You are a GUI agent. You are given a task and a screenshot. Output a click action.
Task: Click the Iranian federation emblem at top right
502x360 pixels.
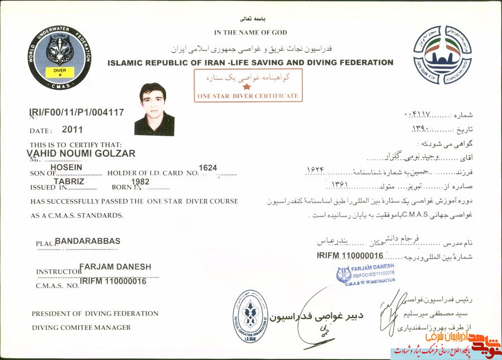click(442, 55)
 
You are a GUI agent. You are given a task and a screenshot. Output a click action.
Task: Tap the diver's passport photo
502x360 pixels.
click(154, 109)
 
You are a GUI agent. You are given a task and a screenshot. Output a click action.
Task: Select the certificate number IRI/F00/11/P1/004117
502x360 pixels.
click(76, 113)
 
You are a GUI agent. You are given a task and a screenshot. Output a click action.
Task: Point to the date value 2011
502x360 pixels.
click(73, 129)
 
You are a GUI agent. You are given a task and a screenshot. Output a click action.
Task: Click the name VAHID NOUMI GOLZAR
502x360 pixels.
click(81, 153)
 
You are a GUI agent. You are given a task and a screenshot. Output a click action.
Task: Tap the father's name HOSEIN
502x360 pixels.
click(66, 167)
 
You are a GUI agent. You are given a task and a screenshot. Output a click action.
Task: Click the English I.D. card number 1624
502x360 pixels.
click(207, 167)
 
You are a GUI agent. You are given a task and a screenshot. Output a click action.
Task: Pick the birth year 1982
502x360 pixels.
click(139, 182)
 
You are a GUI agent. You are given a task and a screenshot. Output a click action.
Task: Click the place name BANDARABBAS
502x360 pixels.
click(88, 241)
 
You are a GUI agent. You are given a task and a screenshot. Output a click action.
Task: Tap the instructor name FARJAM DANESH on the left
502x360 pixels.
click(115, 267)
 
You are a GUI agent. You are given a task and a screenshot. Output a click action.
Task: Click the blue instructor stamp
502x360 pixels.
click(365, 273)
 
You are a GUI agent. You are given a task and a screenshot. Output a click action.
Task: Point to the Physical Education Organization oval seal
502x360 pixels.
click(250, 316)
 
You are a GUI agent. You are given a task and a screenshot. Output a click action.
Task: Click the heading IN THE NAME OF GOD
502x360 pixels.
click(250, 32)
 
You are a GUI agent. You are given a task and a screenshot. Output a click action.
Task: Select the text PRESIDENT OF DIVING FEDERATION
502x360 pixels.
click(95, 314)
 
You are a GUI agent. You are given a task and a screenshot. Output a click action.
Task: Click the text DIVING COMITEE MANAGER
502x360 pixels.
click(81, 328)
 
